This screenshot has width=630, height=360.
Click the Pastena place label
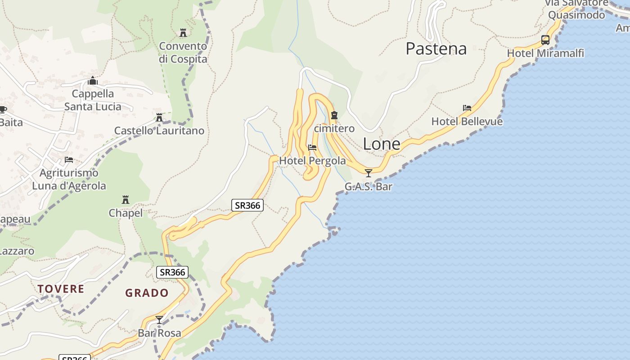[x=436, y=49]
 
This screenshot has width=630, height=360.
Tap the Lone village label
[x=382, y=144]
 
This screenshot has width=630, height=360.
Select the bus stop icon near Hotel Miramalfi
[x=545, y=40]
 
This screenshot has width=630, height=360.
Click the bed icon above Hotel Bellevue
[x=467, y=108]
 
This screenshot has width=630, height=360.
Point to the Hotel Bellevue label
[x=467, y=121]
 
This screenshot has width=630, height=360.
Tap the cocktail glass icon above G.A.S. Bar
[x=369, y=173]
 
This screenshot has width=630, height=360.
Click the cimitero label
[x=334, y=129]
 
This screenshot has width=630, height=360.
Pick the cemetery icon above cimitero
[x=334, y=116]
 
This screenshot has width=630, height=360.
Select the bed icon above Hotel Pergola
[x=312, y=148]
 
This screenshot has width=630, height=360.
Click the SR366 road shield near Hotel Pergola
[x=247, y=206]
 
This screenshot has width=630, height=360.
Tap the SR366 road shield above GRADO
[x=172, y=272]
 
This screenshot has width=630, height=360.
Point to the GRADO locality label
[x=147, y=293]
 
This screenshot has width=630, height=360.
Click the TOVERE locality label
[x=61, y=289]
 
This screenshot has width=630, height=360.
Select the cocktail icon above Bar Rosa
[x=159, y=320]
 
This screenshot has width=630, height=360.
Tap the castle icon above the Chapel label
[x=126, y=199]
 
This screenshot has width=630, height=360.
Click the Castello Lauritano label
[x=159, y=131]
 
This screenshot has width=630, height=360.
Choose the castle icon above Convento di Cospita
[x=183, y=33]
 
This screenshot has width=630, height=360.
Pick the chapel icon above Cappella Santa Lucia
[x=93, y=81]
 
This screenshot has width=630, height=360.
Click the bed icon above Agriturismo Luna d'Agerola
[x=69, y=160]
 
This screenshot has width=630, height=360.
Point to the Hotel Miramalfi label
[x=545, y=54]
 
